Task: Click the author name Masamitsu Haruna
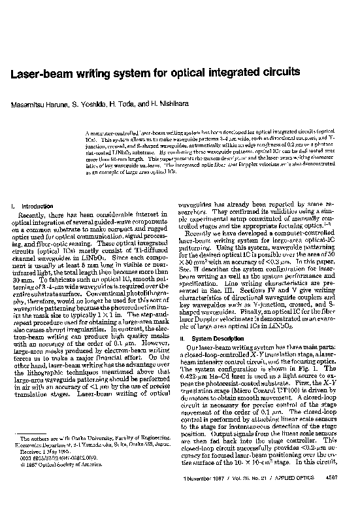[x=34, y=105]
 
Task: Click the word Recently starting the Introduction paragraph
[x=35, y=214]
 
